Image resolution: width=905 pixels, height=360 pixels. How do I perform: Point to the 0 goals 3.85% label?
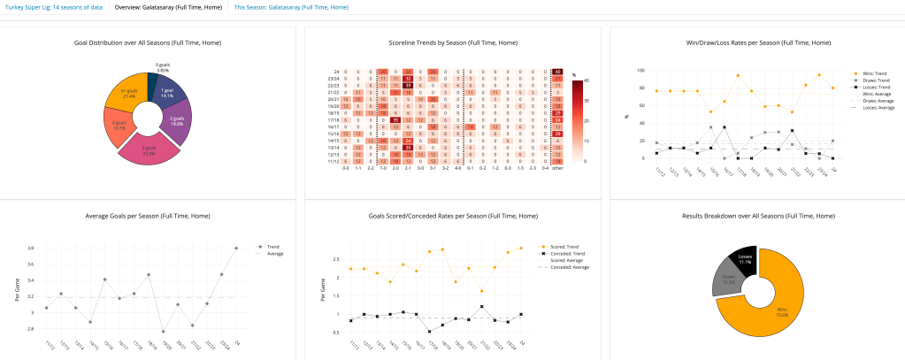pyautogui.click(x=162, y=67)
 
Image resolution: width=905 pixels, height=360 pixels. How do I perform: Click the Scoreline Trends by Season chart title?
pyautogui.click(x=453, y=42)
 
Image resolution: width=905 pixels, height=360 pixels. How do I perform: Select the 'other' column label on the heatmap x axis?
pyautogui.click(x=557, y=167)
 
